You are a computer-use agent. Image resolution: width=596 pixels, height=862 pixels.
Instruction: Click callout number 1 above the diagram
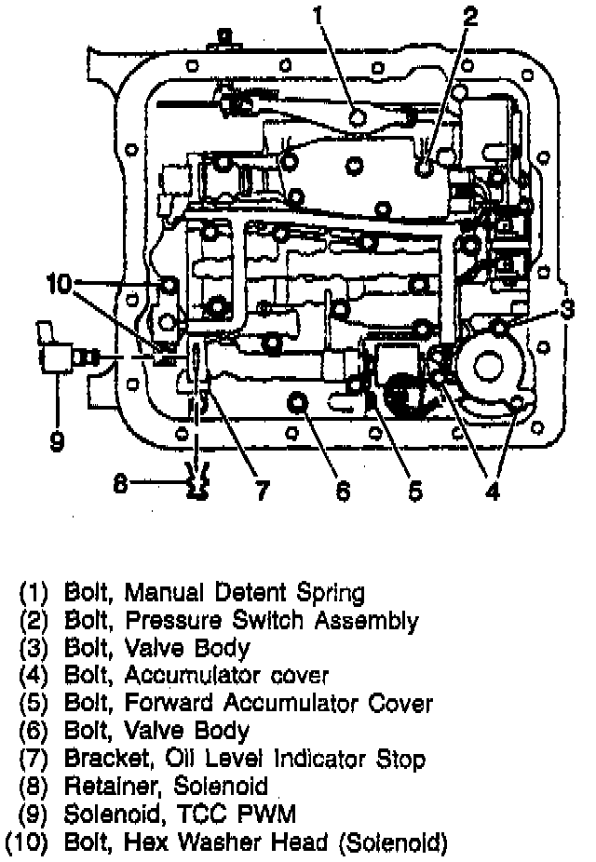pyautogui.click(x=318, y=16)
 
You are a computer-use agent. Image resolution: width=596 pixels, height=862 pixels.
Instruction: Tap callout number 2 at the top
pyautogui.click(x=470, y=16)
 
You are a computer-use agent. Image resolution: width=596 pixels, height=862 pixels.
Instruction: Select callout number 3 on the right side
pyautogui.click(x=567, y=308)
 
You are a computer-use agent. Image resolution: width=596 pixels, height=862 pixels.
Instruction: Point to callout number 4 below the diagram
pyautogui.click(x=493, y=491)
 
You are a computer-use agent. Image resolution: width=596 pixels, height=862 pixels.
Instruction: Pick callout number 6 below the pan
pyautogui.click(x=343, y=491)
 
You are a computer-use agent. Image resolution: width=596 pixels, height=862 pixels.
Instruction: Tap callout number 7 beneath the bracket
pyautogui.click(x=262, y=490)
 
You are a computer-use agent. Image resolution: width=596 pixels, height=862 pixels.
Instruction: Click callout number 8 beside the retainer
pyautogui.click(x=119, y=483)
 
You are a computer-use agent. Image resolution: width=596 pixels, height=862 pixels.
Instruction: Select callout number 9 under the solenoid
pyautogui.click(x=57, y=440)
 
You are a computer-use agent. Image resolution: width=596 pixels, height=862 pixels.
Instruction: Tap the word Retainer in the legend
pyautogui.click(x=108, y=788)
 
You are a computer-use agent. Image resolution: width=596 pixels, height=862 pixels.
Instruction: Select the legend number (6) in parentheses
pyautogui.click(x=34, y=731)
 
